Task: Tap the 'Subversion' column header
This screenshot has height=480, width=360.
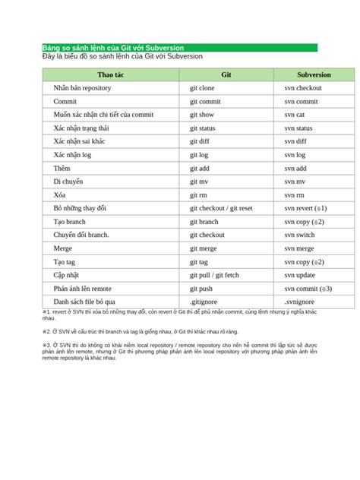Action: point(314,75)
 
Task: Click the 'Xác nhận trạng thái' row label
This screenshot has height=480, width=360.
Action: point(81,128)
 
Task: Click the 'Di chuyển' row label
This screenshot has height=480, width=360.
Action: point(68,182)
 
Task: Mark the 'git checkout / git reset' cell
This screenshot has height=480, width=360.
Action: point(221,208)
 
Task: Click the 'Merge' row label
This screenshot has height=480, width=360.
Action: point(63,248)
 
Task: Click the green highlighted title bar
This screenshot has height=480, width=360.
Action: point(179,48)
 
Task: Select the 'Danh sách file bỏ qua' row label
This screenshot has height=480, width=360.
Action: point(84,302)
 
